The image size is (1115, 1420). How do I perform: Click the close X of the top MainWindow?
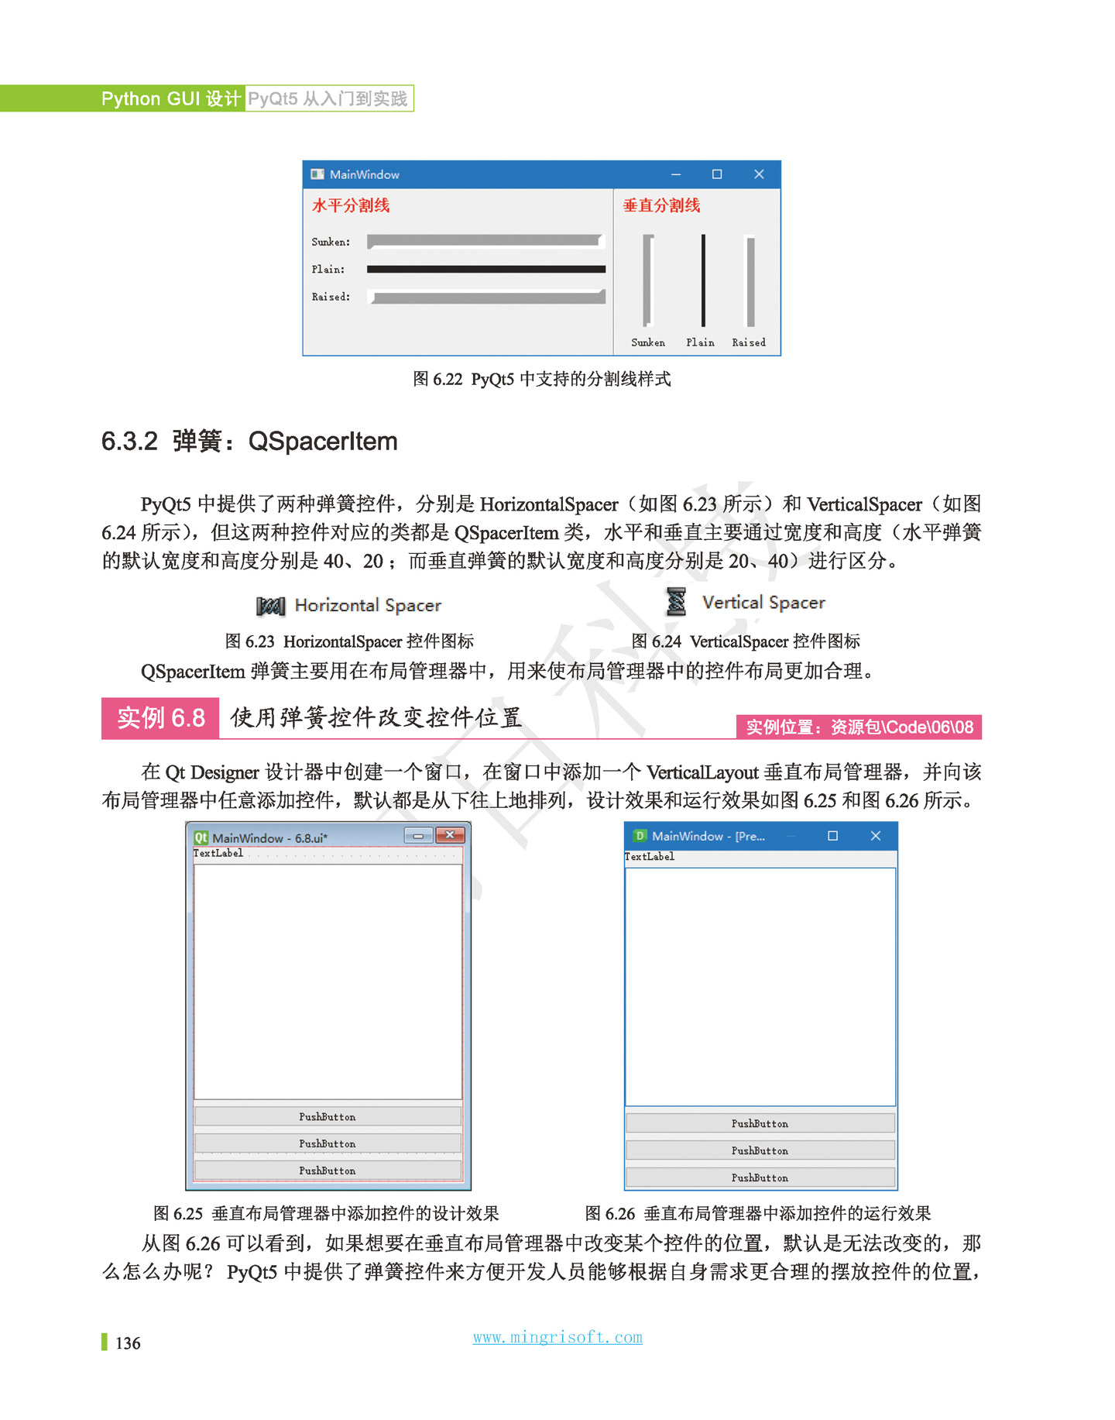click(759, 174)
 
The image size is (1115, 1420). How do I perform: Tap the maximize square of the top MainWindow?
click(717, 174)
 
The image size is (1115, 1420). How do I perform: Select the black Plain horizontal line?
click(485, 270)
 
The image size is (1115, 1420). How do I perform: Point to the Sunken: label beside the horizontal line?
click(331, 242)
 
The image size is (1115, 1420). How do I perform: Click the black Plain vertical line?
click(703, 280)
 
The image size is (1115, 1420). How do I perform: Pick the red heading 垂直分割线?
click(661, 205)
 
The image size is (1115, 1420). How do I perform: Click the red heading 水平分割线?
click(350, 205)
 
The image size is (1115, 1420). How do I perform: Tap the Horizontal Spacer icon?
click(270, 606)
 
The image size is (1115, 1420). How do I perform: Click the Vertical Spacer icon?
click(676, 602)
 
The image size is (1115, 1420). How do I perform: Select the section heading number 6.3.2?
click(129, 442)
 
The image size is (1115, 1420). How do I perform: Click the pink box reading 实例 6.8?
click(160, 718)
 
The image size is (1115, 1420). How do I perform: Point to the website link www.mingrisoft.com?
click(557, 1337)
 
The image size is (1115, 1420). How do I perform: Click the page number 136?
click(128, 1343)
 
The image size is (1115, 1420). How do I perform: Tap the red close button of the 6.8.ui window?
click(450, 835)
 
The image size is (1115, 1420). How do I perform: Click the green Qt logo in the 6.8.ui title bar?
click(201, 837)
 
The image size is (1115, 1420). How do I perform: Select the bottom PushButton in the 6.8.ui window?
click(328, 1171)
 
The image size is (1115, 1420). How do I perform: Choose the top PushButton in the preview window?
click(760, 1123)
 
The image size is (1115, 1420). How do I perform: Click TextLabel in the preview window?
click(650, 857)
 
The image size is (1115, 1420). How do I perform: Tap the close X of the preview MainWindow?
click(876, 836)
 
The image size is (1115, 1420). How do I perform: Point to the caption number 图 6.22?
click(437, 379)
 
